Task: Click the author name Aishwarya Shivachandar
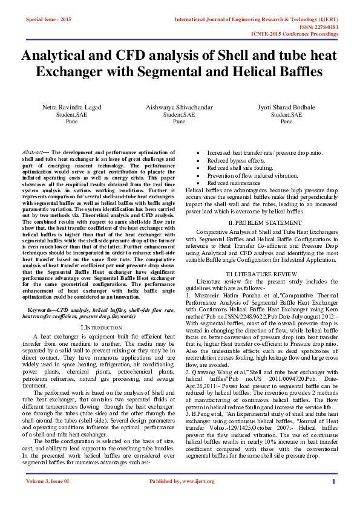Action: [179, 107]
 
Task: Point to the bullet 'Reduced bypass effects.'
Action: [231, 160]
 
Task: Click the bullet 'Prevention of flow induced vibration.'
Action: [247, 175]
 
